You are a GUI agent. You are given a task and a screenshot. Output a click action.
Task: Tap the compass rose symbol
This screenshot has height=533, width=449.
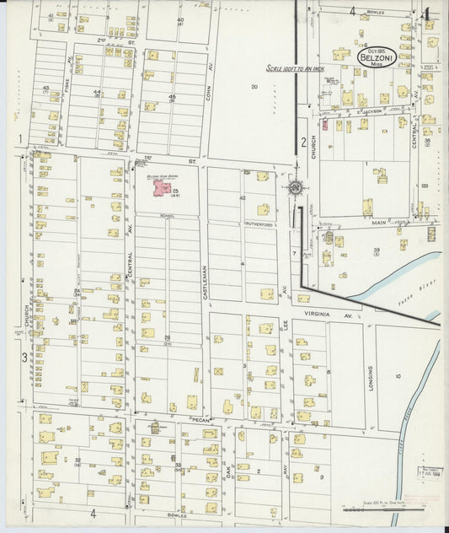click(x=294, y=187)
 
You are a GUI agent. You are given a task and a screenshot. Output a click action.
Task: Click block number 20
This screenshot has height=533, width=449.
click(x=254, y=87)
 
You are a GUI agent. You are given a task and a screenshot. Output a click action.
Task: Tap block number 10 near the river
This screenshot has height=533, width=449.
click(x=398, y=377)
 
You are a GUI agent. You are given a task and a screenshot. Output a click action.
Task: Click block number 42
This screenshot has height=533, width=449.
click(x=242, y=197)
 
